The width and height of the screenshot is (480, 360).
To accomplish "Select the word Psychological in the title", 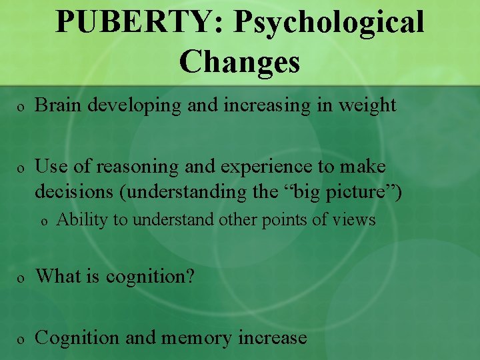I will pos(329,23).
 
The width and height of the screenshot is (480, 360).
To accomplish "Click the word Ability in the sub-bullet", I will pos(78,219).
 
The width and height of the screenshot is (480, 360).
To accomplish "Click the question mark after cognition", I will pos(191,275).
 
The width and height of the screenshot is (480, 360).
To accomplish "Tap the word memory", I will pos(199,338).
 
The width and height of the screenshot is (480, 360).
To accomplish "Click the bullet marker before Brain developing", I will pos(21,107).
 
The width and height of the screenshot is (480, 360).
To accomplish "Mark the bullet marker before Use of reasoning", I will pos(21,167).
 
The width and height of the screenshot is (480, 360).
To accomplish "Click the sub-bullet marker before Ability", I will pos(44,221).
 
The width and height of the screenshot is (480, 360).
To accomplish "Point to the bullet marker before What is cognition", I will pos(21,277).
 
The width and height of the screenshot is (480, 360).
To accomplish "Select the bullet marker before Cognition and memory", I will pos(21,339).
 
